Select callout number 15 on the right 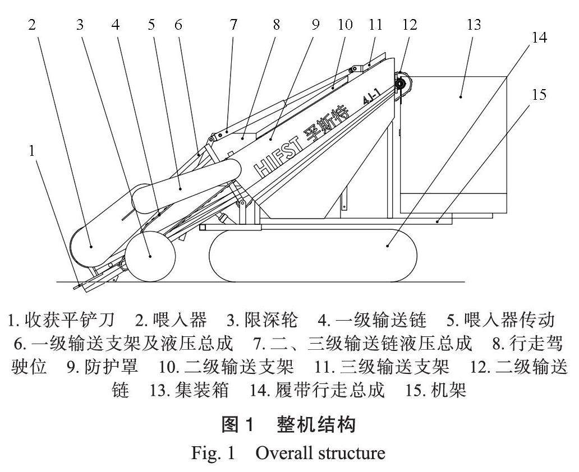pos(539,94)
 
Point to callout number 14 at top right pos(539,38)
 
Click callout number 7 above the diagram pos(233,25)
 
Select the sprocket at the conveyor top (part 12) pos(402,84)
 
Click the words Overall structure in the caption pos(320,452)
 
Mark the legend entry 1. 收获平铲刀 pos(61,321)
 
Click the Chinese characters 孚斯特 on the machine pos(325,124)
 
